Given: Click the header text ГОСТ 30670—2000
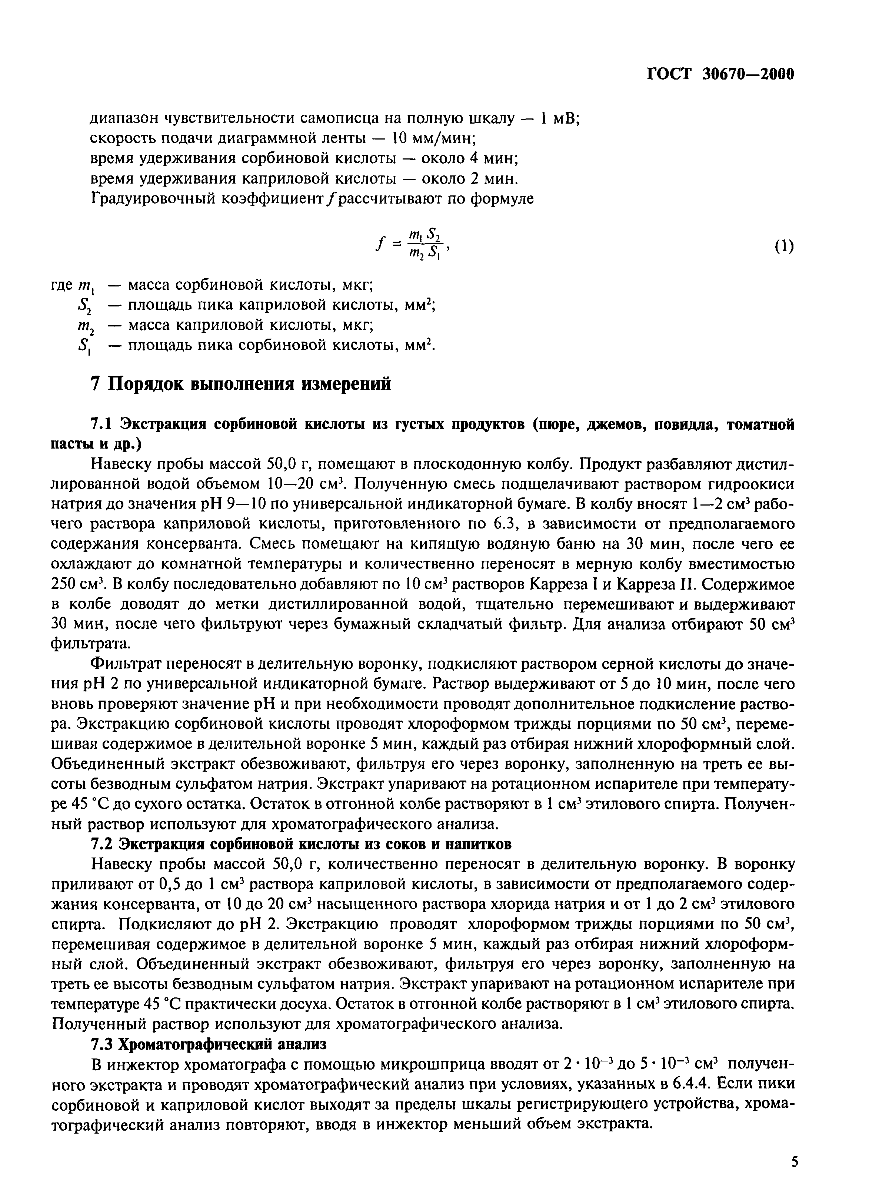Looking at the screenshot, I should pyautogui.click(x=720, y=74).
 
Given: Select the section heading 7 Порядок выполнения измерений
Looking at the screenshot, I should pyautogui.click(x=241, y=383).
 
